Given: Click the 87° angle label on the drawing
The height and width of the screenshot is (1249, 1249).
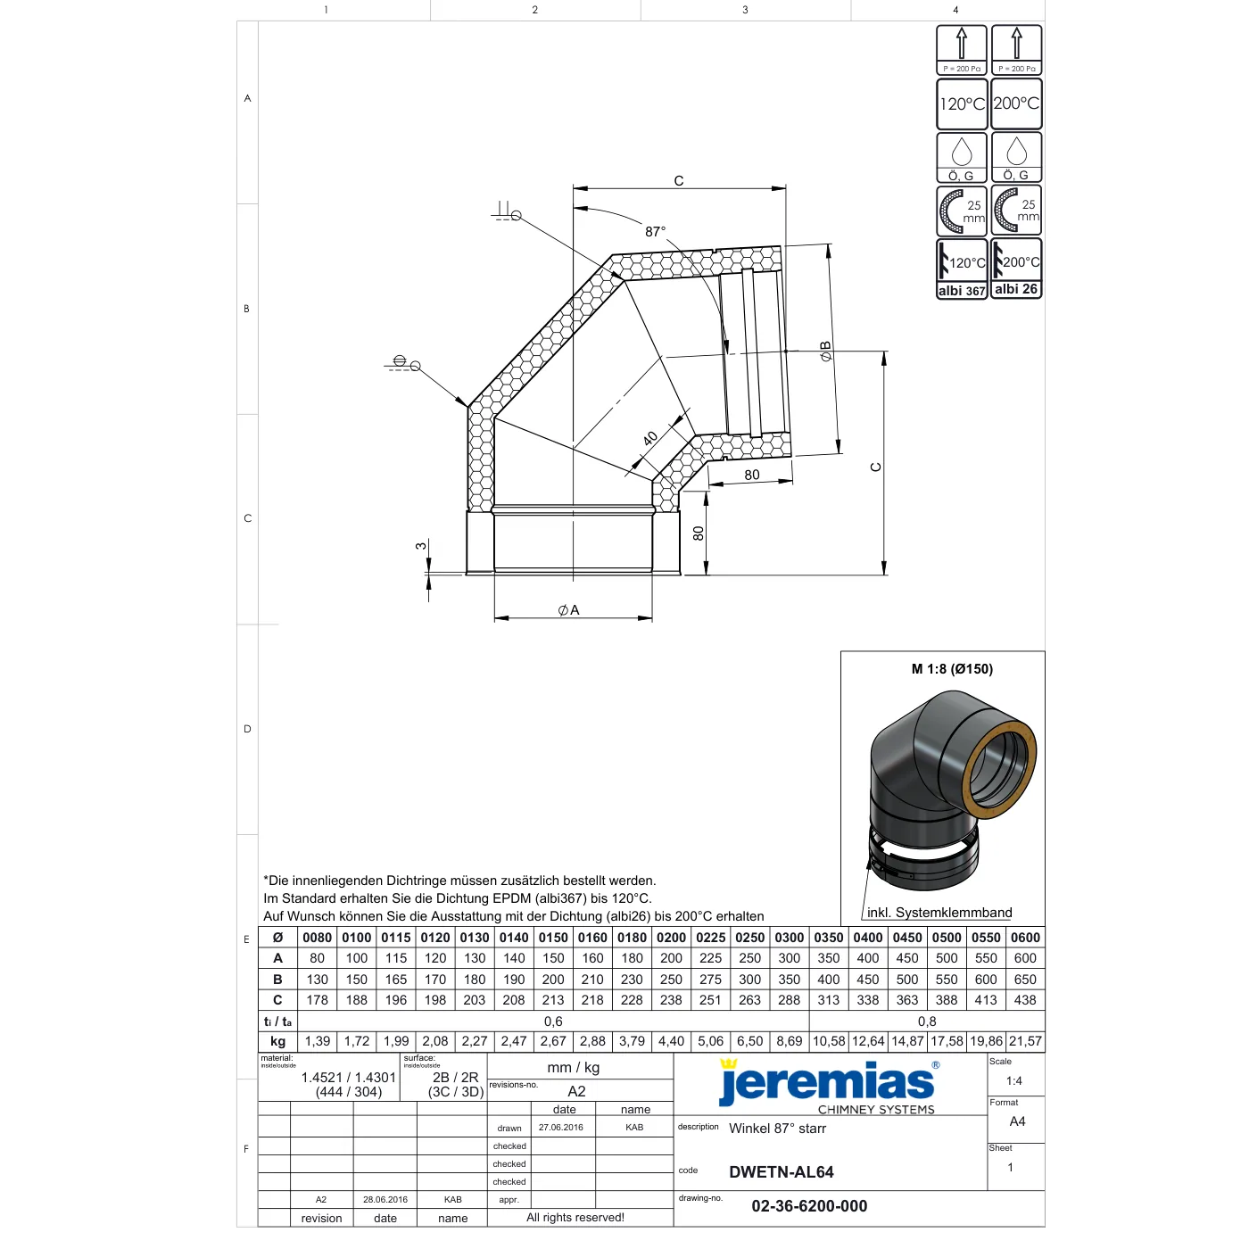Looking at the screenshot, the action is [655, 231].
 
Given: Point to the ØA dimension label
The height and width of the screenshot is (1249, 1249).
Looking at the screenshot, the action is [568, 610].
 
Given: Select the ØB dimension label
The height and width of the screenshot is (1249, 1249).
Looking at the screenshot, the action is [825, 352].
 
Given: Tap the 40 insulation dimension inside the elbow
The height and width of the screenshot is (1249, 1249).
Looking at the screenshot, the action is [650, 439].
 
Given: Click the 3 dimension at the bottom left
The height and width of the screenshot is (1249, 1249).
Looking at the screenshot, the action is [421, 546].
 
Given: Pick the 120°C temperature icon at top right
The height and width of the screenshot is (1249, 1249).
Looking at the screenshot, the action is [962, 103].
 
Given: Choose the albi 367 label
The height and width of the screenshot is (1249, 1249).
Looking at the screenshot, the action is [961, 291].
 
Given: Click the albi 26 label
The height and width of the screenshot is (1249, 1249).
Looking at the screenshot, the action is [1015, 289].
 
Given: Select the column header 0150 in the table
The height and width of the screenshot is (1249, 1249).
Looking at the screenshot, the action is [553, 938].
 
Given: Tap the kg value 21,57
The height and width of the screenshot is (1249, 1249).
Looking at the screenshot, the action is [1025, 1041].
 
